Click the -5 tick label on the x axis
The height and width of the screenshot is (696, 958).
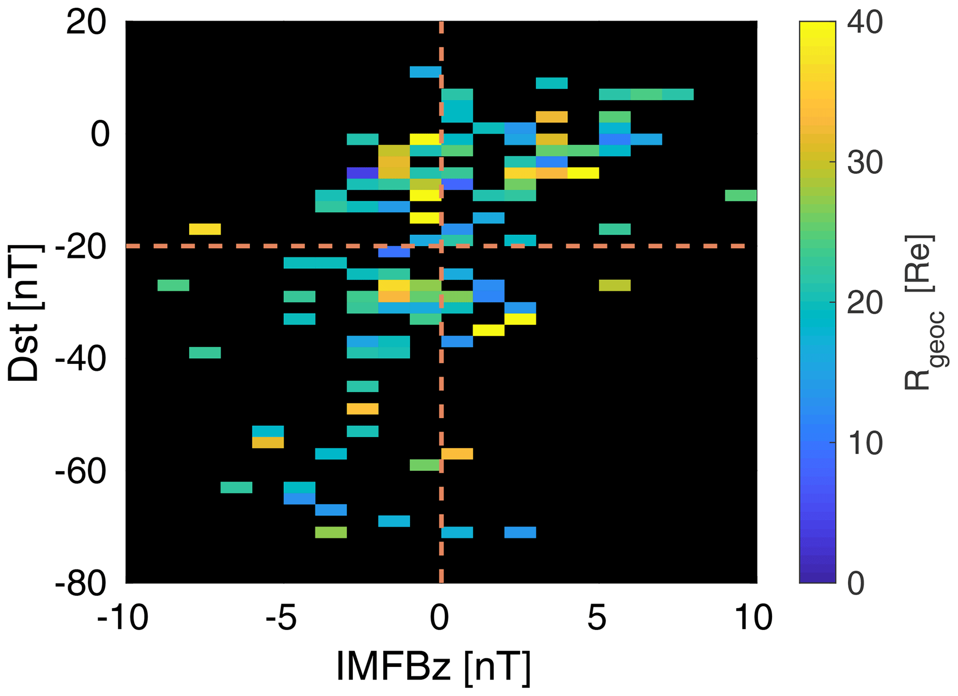[281, 618]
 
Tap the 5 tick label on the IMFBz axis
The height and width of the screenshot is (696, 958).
[597, 618]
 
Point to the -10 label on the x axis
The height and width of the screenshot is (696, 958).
[123, 618]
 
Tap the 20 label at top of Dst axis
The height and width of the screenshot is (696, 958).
[86, 23]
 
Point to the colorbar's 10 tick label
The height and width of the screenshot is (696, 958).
[865, 443]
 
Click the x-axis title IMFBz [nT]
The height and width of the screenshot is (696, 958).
[433, 667]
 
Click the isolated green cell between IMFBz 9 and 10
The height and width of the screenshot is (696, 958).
[741, 195]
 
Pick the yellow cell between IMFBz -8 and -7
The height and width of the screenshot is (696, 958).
[205, 229]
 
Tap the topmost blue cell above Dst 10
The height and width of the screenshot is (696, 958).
[425, 72]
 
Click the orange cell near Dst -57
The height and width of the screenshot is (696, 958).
[457, 454]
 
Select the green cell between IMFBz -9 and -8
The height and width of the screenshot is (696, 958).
[173, 285]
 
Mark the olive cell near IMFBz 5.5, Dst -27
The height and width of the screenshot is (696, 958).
[615, 285]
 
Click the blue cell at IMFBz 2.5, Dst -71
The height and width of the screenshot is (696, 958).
[520, 533]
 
